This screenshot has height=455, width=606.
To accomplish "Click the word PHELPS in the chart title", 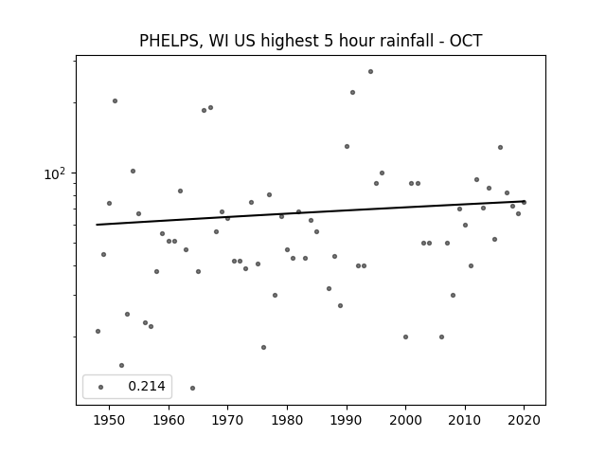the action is tap(169, 41).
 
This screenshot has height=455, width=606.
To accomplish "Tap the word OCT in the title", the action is tap(466, 41).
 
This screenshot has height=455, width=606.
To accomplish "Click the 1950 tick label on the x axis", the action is tap(110, 420).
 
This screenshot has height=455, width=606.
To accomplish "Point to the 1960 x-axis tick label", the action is tap(169, 420).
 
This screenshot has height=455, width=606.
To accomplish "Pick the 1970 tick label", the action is tap(228, 420).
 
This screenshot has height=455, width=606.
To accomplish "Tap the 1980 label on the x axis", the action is tap(287, 420).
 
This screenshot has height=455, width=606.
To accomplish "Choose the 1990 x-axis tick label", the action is tap(347, 420).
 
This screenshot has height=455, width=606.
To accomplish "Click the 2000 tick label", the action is tap(406, 420).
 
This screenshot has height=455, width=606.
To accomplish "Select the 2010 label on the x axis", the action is tap(465, 420).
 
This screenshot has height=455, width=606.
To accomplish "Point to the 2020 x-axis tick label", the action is tap(524, 420).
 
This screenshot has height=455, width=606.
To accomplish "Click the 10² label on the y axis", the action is tap(55, 173).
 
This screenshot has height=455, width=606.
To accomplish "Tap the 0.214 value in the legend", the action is tap(147, 386).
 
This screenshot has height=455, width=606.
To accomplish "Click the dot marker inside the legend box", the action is tap(101, 387).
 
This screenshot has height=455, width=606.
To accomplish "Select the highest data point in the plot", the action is tap(370, 72).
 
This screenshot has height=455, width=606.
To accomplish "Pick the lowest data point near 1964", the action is tap(192, 388).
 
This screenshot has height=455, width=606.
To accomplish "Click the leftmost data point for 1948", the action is tap(98, 331).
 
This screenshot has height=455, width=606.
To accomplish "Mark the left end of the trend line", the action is tap(97, 225).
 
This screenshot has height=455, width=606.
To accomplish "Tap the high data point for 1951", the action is tap(115, 101).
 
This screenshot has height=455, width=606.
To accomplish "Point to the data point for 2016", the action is tap(500, 148).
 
